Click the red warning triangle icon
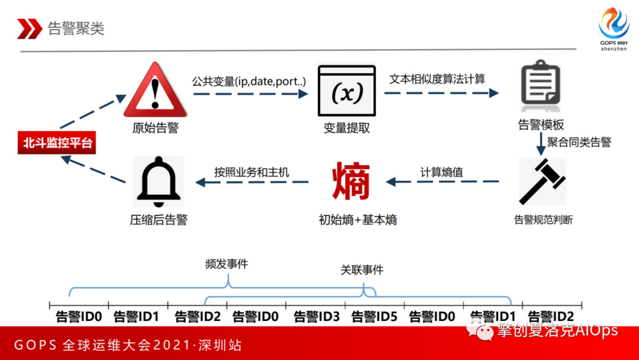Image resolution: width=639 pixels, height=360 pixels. pyautogui.click(x=155, y=93)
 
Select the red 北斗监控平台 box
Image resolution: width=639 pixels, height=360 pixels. pyautogui.click(x=57, y=143)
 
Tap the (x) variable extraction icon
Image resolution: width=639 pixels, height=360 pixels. pyautogui.click(x=346, y=92)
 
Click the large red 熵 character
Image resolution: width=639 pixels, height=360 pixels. pyautogui.click(x=351, y=181)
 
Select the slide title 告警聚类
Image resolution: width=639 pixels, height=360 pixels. pyautogui.click(x=76, y=28)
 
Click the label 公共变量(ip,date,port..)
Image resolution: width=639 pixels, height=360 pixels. pyautogui.click(x=248, y=80)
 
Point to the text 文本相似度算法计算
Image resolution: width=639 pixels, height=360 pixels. pyautogui.click(x=437, y=78)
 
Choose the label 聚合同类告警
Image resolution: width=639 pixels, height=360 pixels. pyautogui.click(x=579, y=142)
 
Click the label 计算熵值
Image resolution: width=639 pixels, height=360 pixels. pyautogui.click(x=441, y=172)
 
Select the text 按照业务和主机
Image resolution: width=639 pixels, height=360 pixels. pyautogui.click(x=252, y=172)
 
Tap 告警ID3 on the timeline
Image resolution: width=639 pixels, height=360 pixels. pyautogui.click(x=317, y=317)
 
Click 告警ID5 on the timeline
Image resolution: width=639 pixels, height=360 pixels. pyautogui.click(x=375, y=317)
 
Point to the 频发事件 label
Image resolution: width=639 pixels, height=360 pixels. pyautogui.click(x=227, y=264)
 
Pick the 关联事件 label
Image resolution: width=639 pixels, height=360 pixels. pyautogui.click(x=362, y=270)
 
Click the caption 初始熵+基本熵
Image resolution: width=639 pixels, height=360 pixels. pyautogui.click(x=358, y=220)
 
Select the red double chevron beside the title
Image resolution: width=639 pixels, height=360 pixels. pyautogui.click(x=29, y=28)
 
